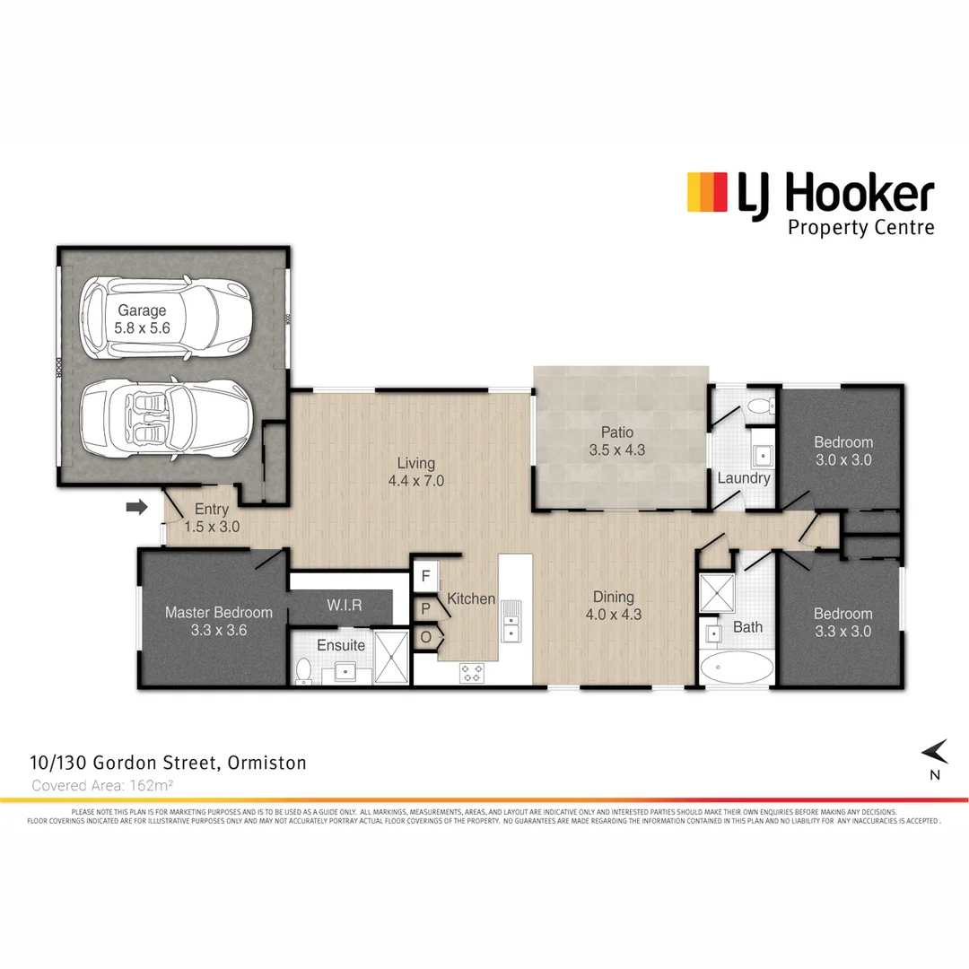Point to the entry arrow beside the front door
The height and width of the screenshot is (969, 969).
(136, 508)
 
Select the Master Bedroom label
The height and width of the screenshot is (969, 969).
(218, 613)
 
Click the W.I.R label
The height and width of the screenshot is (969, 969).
(345, 606)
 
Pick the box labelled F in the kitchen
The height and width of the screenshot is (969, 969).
(426, 576)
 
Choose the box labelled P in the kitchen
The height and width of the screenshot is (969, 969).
(426, 607)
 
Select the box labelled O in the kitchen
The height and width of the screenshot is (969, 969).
(426, 637)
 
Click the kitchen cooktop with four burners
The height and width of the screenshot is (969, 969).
(472, 672)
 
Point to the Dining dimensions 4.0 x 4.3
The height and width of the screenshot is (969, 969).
(614, 615)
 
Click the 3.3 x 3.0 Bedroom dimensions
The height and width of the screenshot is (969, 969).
(842, 632)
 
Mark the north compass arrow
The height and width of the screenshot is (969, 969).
(935, 750)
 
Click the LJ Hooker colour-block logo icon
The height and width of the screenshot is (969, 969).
(706, 193)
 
